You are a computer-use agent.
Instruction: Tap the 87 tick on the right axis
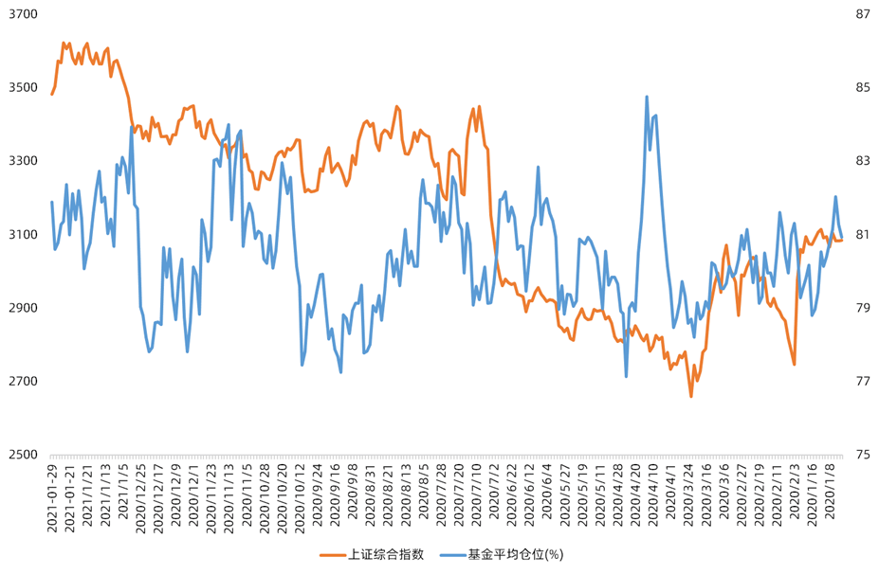click(863, 14)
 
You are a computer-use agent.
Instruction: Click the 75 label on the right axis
click(863, 455)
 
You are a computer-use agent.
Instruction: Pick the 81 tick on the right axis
click(863, 234)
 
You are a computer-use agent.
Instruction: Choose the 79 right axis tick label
click(863, 308)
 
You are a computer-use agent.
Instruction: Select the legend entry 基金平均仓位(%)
click(516, 554)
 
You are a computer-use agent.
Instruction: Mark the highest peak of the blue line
click(647, 97)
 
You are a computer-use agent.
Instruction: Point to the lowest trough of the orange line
click(691, 396)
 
